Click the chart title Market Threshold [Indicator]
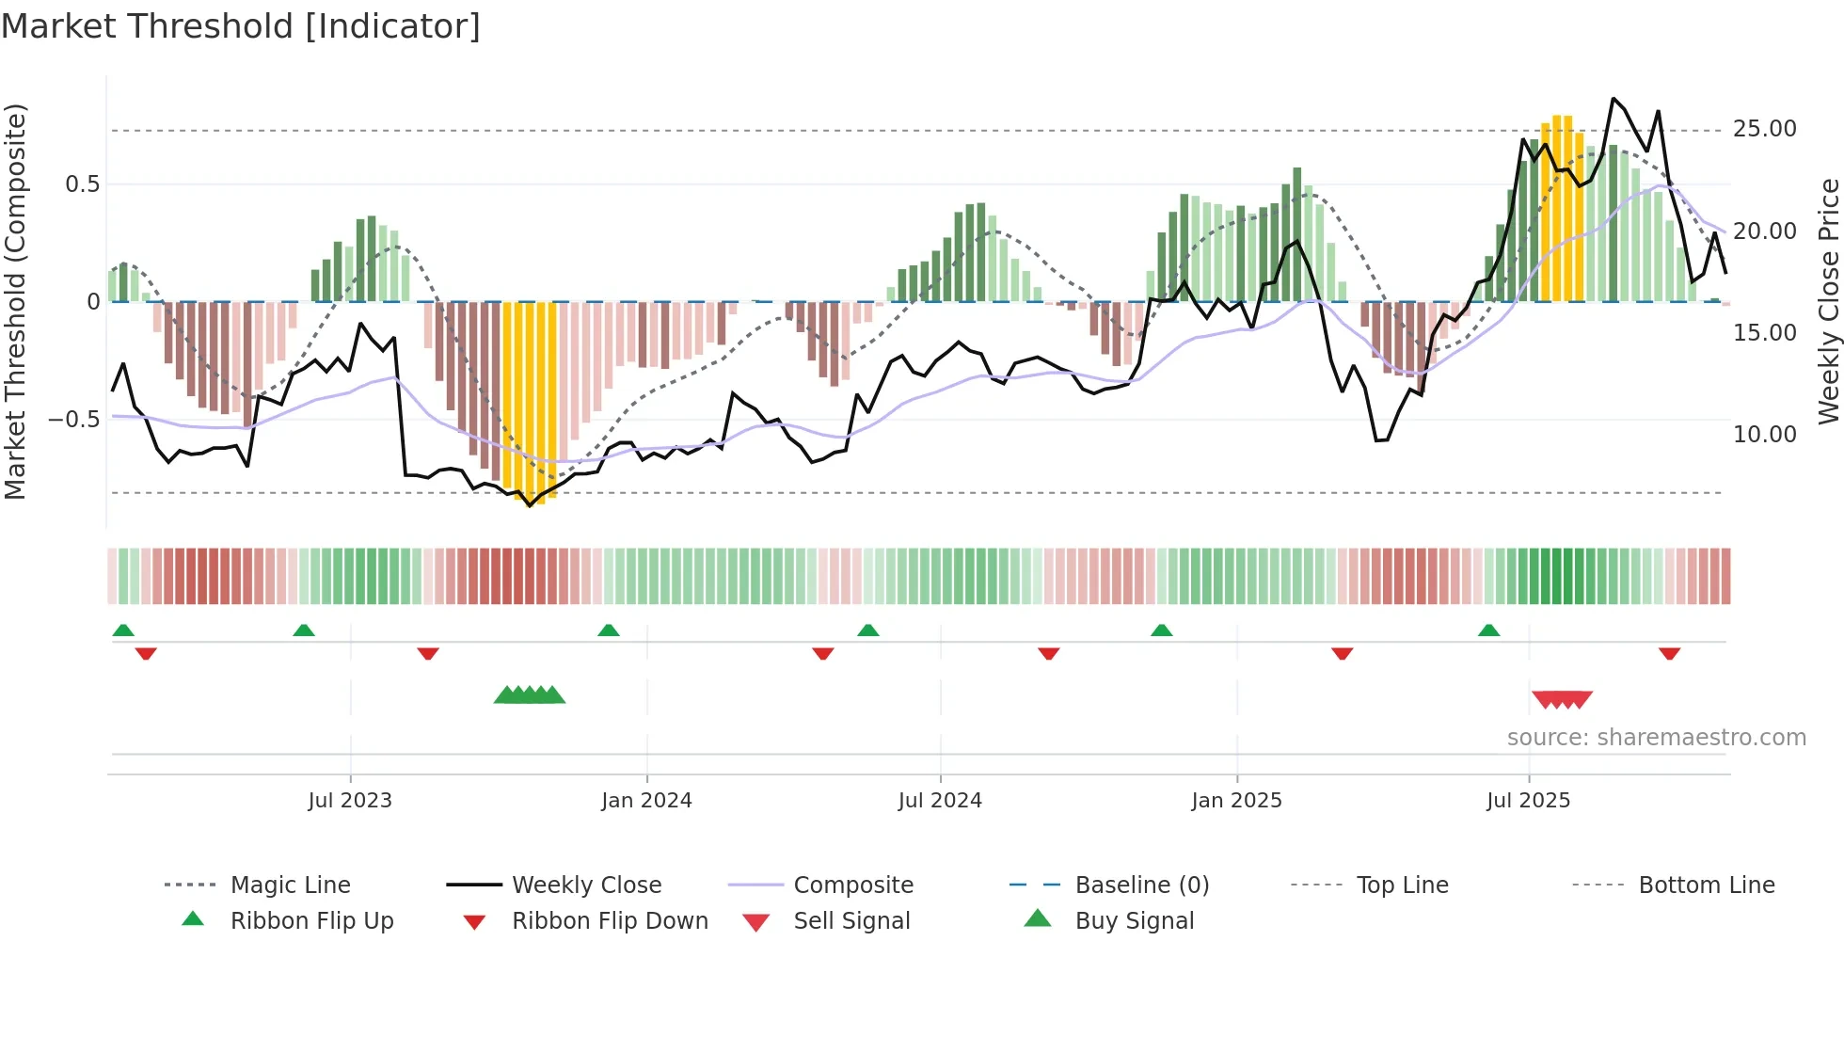pos(241,26)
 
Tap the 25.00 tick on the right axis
pos(1764,129)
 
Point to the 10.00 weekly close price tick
pos(1764,435)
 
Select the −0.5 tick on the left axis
pos(74,420)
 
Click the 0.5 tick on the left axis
pos(82,184)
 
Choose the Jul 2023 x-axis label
pos(350,801)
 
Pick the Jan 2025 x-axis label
pos(1236,801)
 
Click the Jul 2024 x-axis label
pos(940,801)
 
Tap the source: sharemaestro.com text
pos(1656,738)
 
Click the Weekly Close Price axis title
pos(1828,301)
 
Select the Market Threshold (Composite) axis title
pos(15,301)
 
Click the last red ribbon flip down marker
pos(1669,653)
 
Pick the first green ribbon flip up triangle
pos(123,630)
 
